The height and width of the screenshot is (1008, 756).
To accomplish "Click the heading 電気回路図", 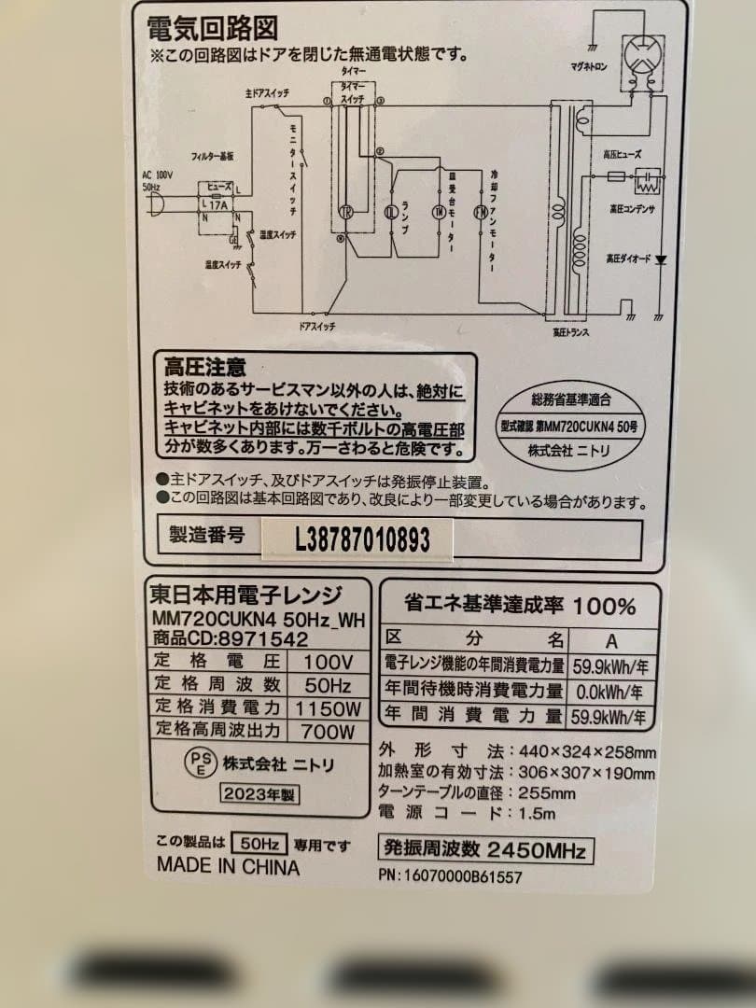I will tap(212, 27).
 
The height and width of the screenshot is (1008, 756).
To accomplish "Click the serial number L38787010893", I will tap(362, 539).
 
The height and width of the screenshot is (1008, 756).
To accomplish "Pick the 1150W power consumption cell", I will tap(328, 708).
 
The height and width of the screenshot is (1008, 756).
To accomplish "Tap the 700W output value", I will tap(328, 732).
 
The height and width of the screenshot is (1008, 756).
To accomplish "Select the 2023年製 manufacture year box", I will tap(259, 794).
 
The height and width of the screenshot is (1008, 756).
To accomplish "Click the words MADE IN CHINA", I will tap(228, 866).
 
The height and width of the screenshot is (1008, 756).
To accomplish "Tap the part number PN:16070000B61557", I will tap(451, 876).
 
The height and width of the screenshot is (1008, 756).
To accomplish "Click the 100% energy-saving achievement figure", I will tap(604, 606).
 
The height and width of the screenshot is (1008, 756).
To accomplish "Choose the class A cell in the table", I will tap(611, 640).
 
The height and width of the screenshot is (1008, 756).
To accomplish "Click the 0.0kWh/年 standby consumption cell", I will tap(611, 692).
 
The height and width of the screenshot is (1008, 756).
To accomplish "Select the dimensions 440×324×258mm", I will tap(586, 751).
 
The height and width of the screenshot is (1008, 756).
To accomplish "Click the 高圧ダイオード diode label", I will tap(630, 258).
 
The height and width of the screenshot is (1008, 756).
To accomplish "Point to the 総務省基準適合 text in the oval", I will tap(570, 399).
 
